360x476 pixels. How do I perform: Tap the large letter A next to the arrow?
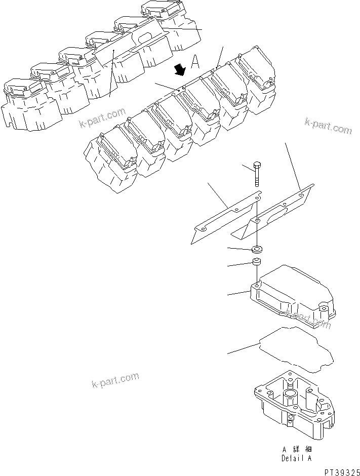tap(195, 63)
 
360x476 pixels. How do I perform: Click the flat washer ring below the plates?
tap(257, 249)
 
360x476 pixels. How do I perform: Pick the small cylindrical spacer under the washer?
tap(257, 263)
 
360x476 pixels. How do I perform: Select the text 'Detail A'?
tap(298, 458)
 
